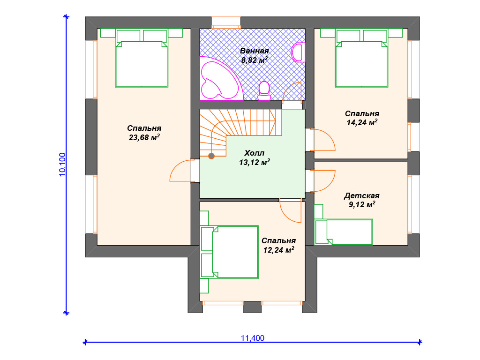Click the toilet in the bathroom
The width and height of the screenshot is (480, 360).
pyautogui.click(x=264, y=91)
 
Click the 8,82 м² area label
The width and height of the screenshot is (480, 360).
pyautogui.click(x=255, y=60)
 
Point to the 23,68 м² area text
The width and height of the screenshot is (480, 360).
pyautogui.click(x=144, y=137)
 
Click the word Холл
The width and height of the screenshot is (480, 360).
pyautogui.click(x=255, y=153)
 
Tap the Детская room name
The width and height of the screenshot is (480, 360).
pyautogui.click(x=362, y=195)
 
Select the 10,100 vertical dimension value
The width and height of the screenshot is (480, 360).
pyautogui.click(x=62, y=165)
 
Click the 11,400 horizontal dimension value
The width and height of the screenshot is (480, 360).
pyautogui.click(x=253, y=338)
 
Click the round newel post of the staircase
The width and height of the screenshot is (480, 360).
pyautogui.click(x=211, y=156)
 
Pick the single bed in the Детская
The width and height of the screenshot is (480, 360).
pyautogui.click(x=344, y=232)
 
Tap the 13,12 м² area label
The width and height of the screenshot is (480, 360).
pyautogui.click(x=255, y=162)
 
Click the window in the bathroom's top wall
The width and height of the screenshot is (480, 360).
pyautogui.click(x=226, y=23)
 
